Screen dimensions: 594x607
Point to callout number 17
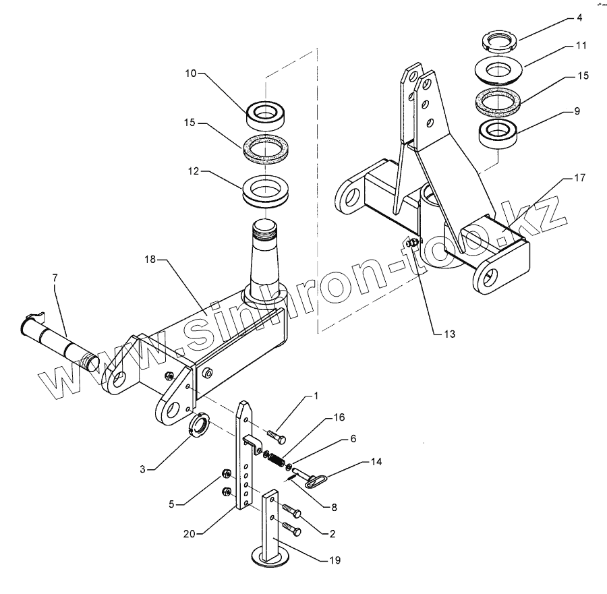[580, 179]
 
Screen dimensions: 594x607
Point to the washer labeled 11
[501, 69]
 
